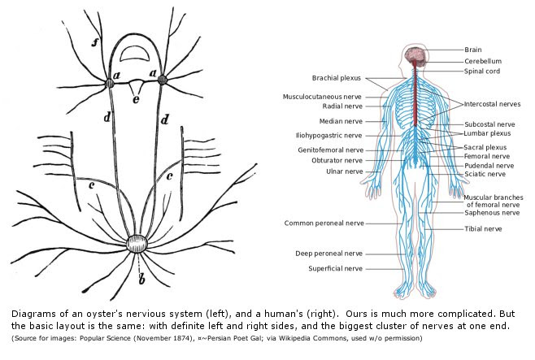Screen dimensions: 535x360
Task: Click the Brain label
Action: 472,50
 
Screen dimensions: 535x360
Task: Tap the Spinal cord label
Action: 481,72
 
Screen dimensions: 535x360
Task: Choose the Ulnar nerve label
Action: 342,171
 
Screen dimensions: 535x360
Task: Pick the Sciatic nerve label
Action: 485,174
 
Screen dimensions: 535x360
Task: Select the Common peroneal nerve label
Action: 323,223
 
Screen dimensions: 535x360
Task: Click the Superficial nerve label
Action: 335,268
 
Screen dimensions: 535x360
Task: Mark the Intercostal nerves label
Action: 492,104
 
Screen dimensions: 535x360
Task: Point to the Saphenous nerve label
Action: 491,212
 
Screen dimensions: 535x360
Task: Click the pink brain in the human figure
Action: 416,55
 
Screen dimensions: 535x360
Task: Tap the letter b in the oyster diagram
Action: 142,281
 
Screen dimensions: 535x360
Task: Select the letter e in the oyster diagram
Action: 137,99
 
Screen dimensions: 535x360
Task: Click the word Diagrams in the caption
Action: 32,313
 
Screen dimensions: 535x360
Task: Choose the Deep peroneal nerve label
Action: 329,254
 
